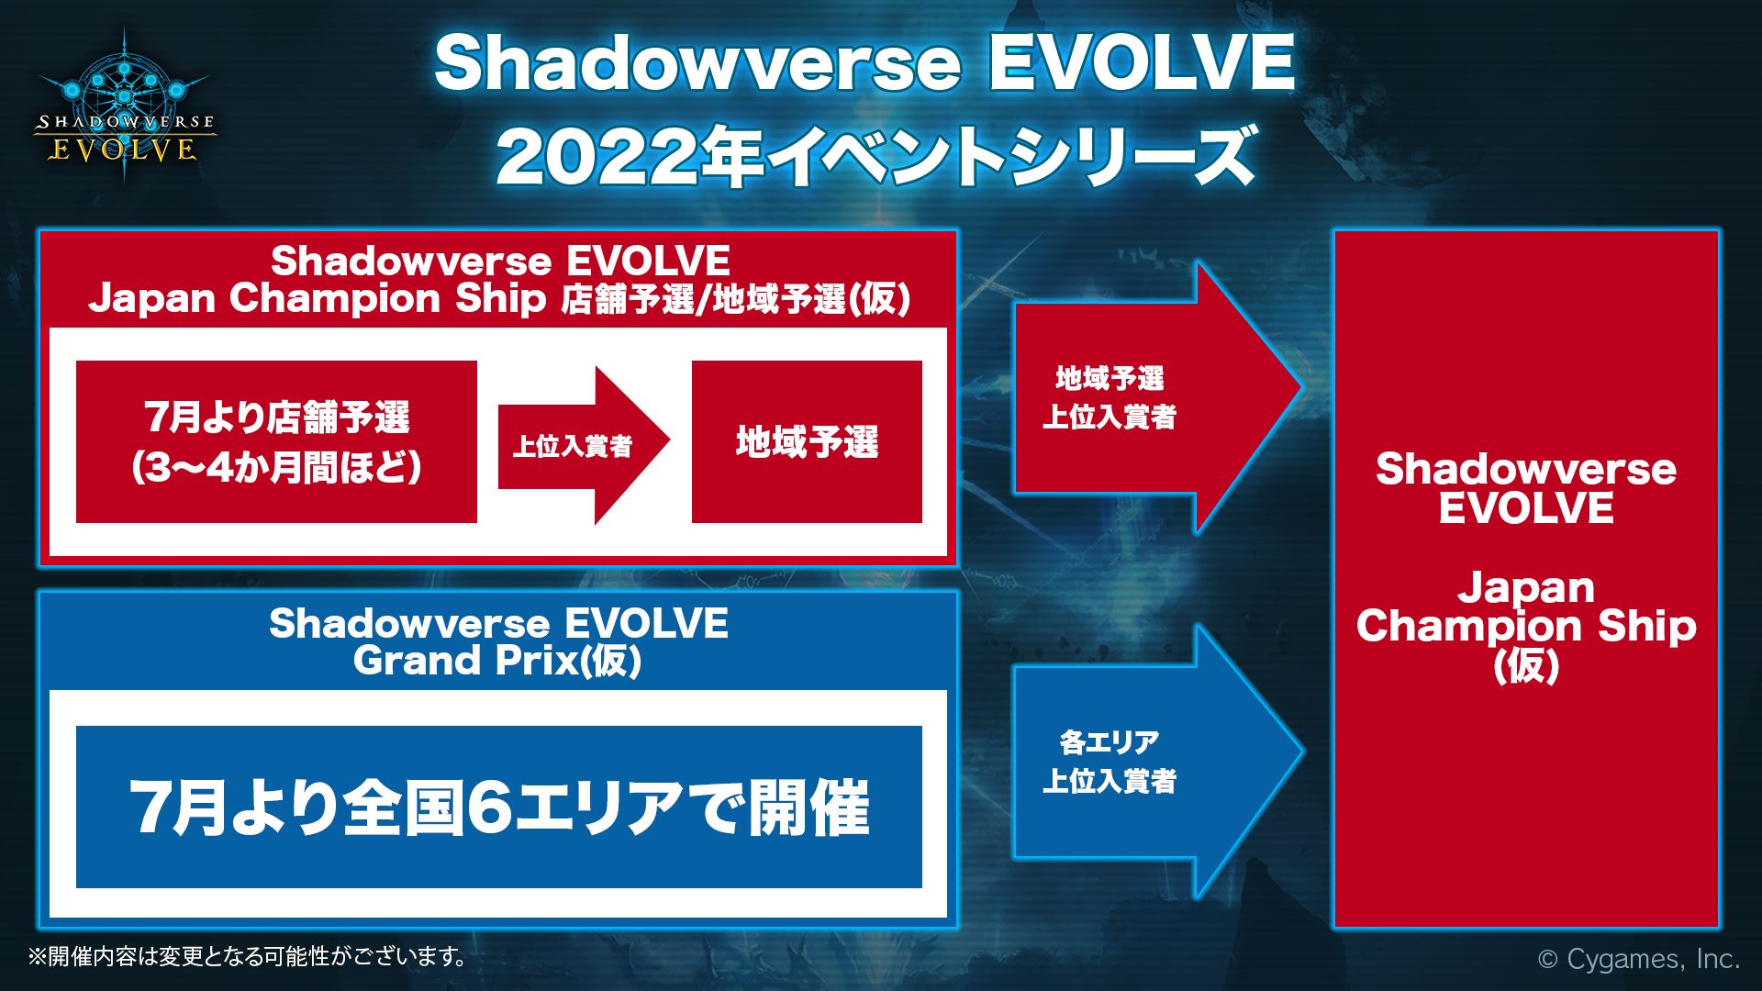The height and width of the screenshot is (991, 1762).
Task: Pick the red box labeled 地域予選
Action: click(807, 442)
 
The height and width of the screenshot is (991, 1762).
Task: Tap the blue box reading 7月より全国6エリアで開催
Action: click(498, 807)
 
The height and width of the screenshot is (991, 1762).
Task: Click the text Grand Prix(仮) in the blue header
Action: click(496, 661)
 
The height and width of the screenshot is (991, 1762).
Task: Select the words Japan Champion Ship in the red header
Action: click(318, 299)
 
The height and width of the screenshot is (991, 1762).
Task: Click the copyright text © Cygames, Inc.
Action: click(1638, 959)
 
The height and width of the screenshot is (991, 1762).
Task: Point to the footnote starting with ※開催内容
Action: click(248, 957)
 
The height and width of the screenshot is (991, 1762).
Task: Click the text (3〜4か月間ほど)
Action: click(276, 468)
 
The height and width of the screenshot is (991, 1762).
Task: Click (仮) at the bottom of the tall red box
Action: click(1525, 666)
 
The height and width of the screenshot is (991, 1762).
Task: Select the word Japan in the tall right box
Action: click(1525, 587)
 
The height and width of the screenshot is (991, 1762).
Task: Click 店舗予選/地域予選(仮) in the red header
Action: click(734, 301)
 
